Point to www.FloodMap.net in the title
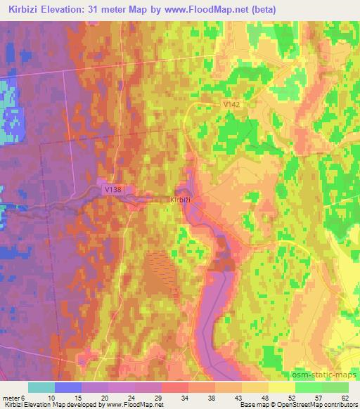(x=212, y=10)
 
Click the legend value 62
(x=344, y=397)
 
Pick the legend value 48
(x=263, y=397)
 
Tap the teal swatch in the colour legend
(x=41, y=387)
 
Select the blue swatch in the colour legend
(x=68, y=387)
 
